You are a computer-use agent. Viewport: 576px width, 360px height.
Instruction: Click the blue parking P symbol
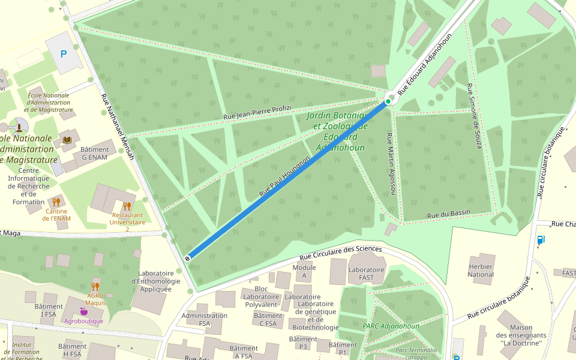[x=64, y=54]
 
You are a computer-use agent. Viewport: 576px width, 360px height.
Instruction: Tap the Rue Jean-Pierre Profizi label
[x=257, y=112]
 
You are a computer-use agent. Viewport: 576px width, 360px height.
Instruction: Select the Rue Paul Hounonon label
[x=284, y=177]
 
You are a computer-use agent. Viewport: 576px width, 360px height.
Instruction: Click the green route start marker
[x=388, y=101]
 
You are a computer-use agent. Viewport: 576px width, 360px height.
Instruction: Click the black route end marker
[x=188, y=258]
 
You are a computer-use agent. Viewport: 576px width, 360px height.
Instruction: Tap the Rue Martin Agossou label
[x=391, y=163]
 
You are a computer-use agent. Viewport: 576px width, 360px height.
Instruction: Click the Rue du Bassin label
[x=448, y=214]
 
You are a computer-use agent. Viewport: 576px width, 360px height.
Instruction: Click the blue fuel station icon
[x=541, y=240]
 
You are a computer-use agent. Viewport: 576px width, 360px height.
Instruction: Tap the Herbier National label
[x=481, y=271]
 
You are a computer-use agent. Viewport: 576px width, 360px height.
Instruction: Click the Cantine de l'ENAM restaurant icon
[x=56, y=202]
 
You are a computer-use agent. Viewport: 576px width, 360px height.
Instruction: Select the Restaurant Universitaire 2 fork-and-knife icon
[x=127, y=206]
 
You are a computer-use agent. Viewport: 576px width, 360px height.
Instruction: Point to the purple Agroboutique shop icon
[x=83, y=311]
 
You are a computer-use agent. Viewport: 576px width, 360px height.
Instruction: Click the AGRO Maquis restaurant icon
[x=95, y=286]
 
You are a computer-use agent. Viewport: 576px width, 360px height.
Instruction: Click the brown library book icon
[x=67, y=140]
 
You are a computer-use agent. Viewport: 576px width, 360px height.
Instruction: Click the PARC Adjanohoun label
[x=391, y=326]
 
